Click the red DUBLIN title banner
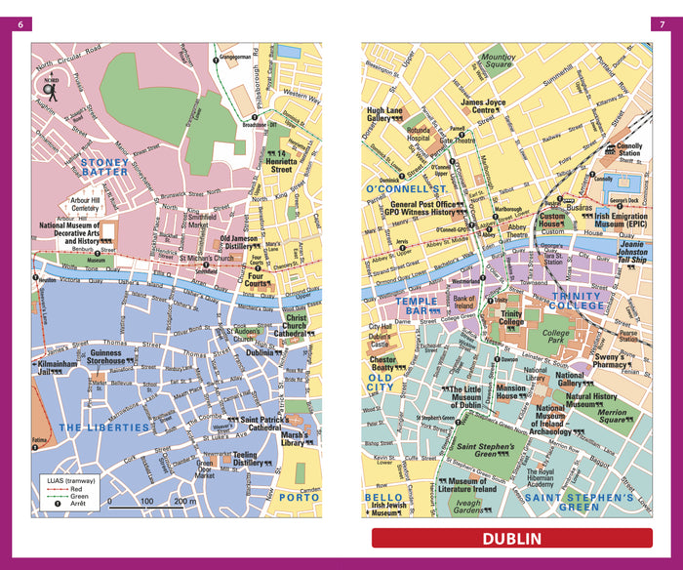tap(511, 538)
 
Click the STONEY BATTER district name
tap(104, 166)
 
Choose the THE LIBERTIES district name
tap(104, 427)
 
